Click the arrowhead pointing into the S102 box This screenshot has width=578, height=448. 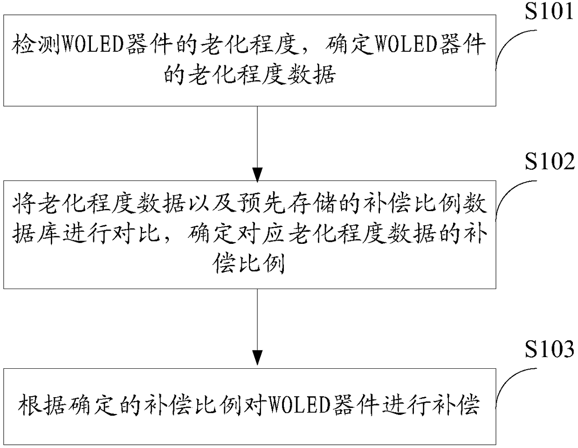click(x=257, y=175)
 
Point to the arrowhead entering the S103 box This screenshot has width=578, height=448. click(x=257, y=358)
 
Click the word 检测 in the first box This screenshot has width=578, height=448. click(x=36, y=45)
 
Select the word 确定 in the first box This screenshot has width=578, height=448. click(x=349, y=45)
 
